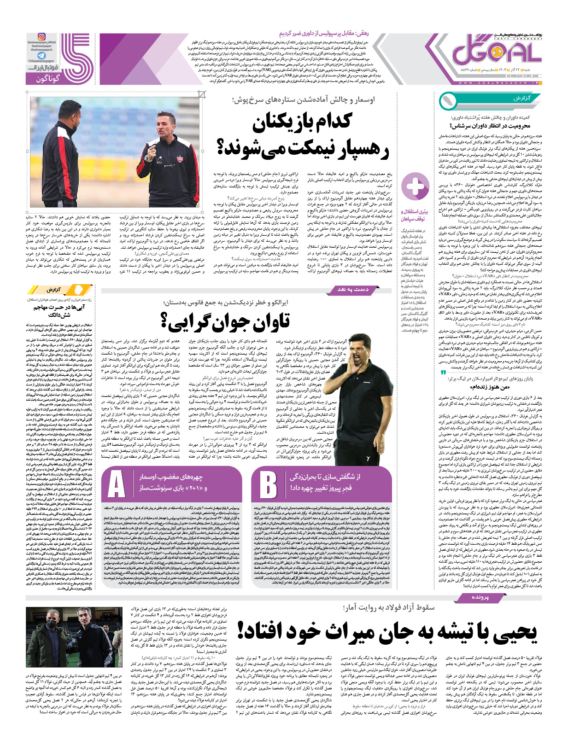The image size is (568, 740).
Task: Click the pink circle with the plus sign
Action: point(415,186)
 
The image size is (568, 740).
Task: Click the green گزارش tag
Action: point(521,99)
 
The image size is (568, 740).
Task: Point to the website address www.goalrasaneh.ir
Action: point(499,83)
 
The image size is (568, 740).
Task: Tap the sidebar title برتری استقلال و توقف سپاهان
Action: point(415,216)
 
